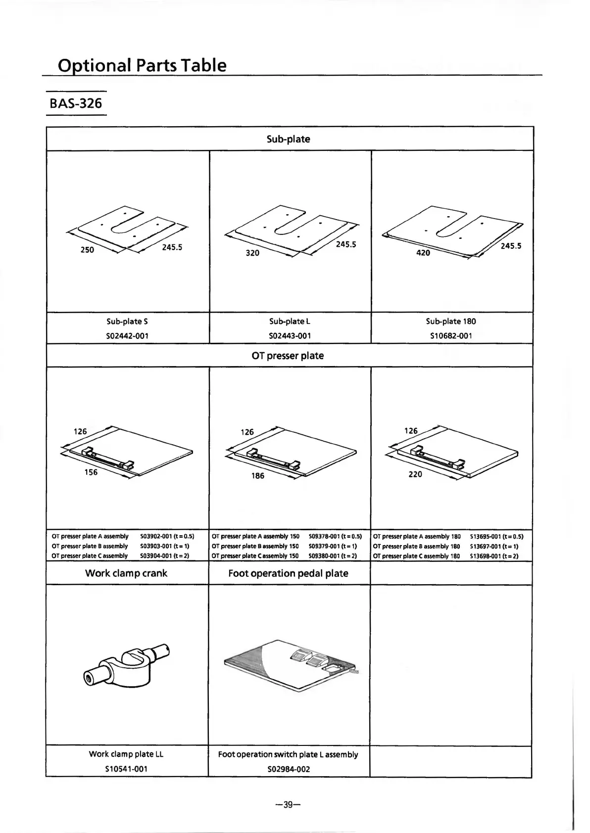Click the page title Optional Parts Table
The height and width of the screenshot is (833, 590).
coord(142,65)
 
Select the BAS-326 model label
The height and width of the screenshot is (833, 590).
coord(76,103)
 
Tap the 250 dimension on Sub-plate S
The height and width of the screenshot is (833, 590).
coord(87,250)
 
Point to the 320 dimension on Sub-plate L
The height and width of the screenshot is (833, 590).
coord(252,253)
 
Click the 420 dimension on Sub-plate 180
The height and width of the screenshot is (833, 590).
coord(423,253)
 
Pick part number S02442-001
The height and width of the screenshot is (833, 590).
coord(127,336)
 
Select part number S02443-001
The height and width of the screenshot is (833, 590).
coord(290,336)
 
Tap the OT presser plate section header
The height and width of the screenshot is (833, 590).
coord(288,356)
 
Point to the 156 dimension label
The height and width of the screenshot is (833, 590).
coord(91,472)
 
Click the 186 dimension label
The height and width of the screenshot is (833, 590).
coord(258,476)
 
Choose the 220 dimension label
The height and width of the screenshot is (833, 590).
coord(415,474)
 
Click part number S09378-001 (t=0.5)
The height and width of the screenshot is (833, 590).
coord(335,536)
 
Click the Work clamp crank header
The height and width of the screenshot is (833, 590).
coord(126,573)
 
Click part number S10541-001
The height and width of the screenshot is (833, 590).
coord(126,769)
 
